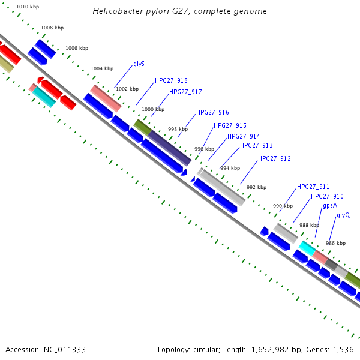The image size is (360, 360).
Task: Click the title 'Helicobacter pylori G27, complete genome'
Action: pos(180,11)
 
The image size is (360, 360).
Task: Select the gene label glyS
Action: pos(139,64)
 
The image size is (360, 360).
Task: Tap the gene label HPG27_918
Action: pos(171,80)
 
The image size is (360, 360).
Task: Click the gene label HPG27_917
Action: pos(185,92)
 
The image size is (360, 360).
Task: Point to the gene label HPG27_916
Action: pos(212,112)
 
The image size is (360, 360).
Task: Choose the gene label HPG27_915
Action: pos(230,125)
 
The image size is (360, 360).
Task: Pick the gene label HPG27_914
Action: pos(244,137)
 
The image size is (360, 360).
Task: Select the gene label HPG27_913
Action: pos(256,146)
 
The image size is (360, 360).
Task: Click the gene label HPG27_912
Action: pos(274,158)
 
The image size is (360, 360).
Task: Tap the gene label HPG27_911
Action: pos(313,187)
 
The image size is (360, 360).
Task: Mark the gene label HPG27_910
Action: pos(327,196)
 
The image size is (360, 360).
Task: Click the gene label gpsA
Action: pos(330,205)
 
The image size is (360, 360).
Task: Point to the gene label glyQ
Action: pos(343,215)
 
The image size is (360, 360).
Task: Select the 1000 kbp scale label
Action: pos(152,109)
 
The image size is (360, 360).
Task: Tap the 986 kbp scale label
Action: pos(335,243)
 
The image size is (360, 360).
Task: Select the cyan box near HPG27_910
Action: pos(307,247)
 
